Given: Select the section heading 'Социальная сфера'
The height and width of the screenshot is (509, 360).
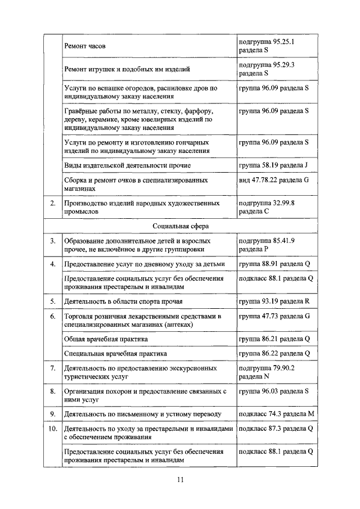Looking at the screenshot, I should [x=180, y=226].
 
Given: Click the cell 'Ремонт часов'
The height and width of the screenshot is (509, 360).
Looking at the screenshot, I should [x=85, y=46].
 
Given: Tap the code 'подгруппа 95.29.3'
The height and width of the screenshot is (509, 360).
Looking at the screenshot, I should [x=267, y=65].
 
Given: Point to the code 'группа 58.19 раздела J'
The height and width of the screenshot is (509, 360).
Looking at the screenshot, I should [x=273, y=165].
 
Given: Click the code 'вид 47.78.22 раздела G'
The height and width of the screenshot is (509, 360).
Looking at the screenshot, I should [x=274, y=181].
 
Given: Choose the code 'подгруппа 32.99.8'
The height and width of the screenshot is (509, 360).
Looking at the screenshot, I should [x=267, y=203].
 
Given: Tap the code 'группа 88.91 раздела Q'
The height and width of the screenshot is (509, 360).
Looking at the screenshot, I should [x=274, y=263].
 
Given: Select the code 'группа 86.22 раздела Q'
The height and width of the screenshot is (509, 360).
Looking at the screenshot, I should [x=274, y=353].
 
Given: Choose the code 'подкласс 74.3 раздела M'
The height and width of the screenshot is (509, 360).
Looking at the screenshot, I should [x=276, y=414].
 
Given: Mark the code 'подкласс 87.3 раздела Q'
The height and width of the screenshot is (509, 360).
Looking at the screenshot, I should [x=276, y=429].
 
